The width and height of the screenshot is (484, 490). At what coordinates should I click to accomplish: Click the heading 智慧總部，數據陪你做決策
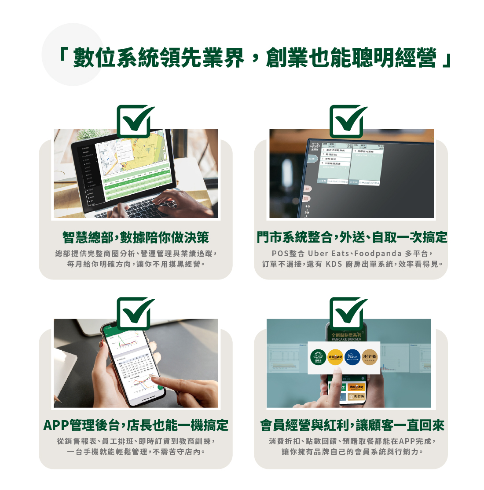point(136,238)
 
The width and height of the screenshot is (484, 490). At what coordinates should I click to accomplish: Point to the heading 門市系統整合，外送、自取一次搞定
point(352,238)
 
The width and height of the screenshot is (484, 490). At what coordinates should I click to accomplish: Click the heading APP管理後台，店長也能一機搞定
point(136,425)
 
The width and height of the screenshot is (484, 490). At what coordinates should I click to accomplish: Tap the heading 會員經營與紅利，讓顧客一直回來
point(352,425)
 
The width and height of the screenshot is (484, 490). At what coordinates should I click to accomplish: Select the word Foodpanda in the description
point(378,254)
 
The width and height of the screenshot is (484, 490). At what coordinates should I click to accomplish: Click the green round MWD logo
point(318,357)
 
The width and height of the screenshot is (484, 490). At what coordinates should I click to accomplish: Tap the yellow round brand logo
point(335,357)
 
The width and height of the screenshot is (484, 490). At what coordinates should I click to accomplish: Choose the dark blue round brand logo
point(352,357)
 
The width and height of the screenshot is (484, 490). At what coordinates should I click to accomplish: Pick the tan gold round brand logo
point(370,357)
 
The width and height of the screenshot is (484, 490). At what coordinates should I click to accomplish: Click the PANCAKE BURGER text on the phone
point(346,339)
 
